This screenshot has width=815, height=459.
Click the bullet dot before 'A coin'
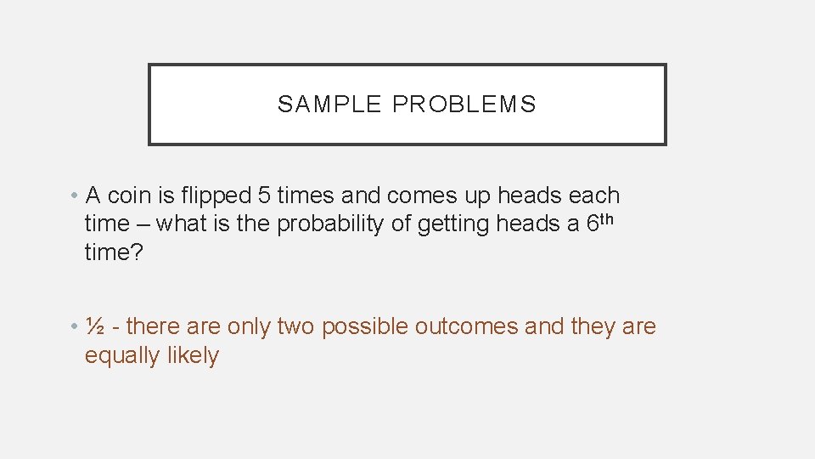75,195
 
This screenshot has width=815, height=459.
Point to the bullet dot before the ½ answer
75,326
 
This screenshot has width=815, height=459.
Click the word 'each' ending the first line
593,195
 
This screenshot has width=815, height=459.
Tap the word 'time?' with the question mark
112,253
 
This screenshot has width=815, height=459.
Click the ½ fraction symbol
96,326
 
